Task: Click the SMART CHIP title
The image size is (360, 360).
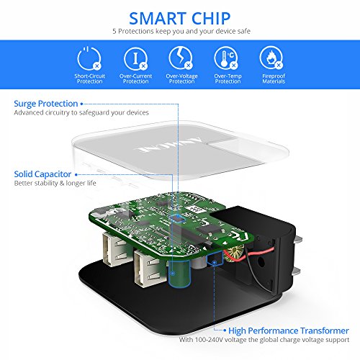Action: point(180,19)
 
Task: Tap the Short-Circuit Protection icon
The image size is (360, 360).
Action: point(89,58)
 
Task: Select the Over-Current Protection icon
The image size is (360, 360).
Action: point(135,58)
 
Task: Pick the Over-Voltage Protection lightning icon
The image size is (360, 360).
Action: point(181,58)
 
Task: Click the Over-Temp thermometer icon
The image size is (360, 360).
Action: point(226,58)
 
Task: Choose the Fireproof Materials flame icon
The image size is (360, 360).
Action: point(271,58)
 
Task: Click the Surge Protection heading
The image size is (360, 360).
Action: point(46,104)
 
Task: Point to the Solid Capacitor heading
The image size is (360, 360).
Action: point(42,174)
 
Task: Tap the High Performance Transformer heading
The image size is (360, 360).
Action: point(289,330)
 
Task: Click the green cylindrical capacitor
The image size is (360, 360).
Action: point(179,273)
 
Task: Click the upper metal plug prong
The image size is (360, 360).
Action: point(297,240)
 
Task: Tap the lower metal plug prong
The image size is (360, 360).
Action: point(297,271)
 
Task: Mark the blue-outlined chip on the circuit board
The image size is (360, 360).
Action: point(178,218)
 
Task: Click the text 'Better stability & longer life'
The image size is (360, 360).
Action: point(55,184)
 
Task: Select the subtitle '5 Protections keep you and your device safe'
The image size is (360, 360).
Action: point(181,31)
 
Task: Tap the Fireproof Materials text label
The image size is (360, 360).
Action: point(274,78)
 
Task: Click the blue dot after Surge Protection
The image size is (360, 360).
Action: point(81,104)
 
